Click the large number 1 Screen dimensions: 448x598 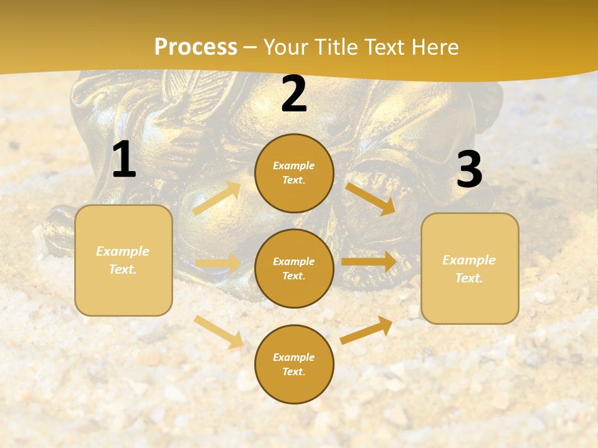[124, 160]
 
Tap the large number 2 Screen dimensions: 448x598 [294, 94]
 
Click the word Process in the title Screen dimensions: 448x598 [196, 47]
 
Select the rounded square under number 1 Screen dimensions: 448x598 [123, 260]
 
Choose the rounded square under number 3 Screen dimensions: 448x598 [470, 269]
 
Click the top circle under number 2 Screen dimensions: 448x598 [294, 173]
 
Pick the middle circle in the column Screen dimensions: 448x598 [294, 268]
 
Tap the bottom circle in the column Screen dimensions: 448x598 [294, 364]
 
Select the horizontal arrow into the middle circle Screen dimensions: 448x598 [218, 263]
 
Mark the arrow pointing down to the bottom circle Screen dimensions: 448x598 [218, 331]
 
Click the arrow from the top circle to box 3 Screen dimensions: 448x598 [371, 198]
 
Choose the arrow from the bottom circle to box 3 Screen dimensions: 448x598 [367, 330]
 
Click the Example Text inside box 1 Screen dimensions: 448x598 [123, 260]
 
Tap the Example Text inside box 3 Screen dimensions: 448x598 [470, 269]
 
